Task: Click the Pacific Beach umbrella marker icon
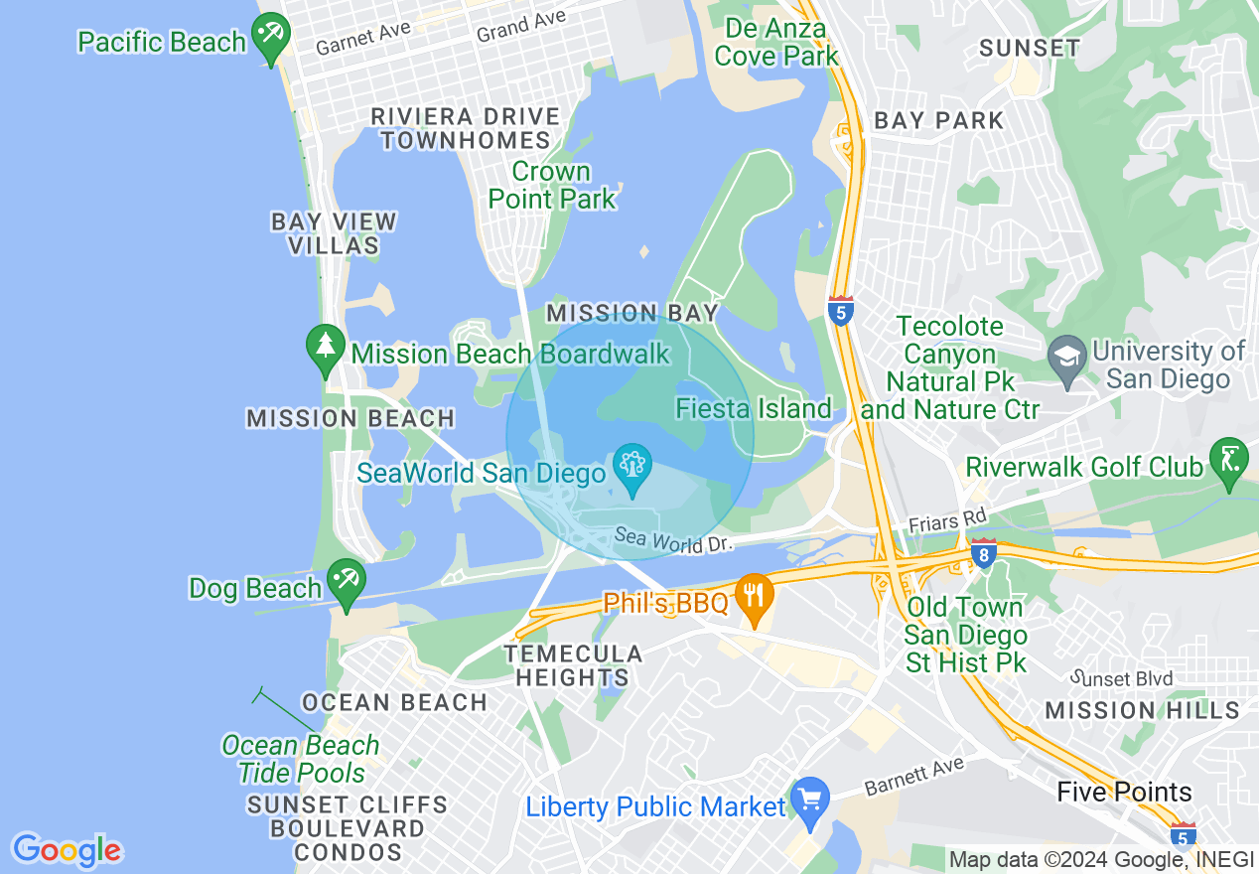point(269,36)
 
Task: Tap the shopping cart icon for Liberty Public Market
point(810,801)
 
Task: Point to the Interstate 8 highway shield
point(983,553)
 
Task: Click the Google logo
point(67,850)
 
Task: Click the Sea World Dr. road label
point(673,540)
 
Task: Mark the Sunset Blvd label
point(1123,678)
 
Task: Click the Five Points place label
point(1124,792)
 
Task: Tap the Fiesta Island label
point(754,408)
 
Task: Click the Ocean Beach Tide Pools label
point(301,759)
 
